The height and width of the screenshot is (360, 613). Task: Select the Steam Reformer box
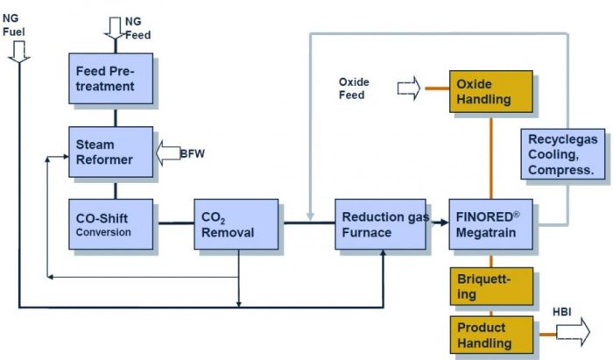(111, 152)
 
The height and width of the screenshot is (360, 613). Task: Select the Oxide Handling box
(490, 91)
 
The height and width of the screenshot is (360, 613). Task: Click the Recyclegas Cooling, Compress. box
(563, 154)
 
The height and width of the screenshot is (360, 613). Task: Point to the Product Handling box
(490, 334)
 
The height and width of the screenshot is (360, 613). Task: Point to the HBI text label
(561, 312)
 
